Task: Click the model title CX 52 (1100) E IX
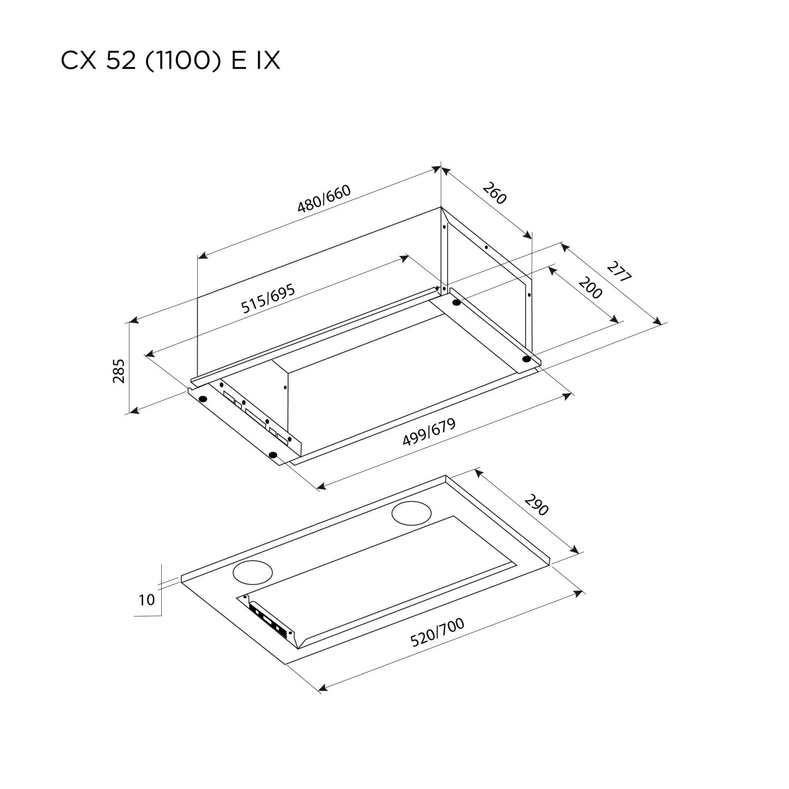pos(170,61)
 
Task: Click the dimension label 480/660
pos(324,198)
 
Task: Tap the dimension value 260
pos(494,193)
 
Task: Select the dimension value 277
pos(618,272)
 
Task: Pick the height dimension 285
pos(119,371)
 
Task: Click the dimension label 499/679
pos(429,432)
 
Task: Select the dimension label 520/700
pos(437,632)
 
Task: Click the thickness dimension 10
pos(146,600)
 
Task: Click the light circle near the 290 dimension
pos(411,514)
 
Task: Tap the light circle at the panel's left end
pos(252,572)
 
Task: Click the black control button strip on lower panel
pos(269,619)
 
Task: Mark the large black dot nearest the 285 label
pos(202,398)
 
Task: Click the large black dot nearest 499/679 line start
pos(274,455)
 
